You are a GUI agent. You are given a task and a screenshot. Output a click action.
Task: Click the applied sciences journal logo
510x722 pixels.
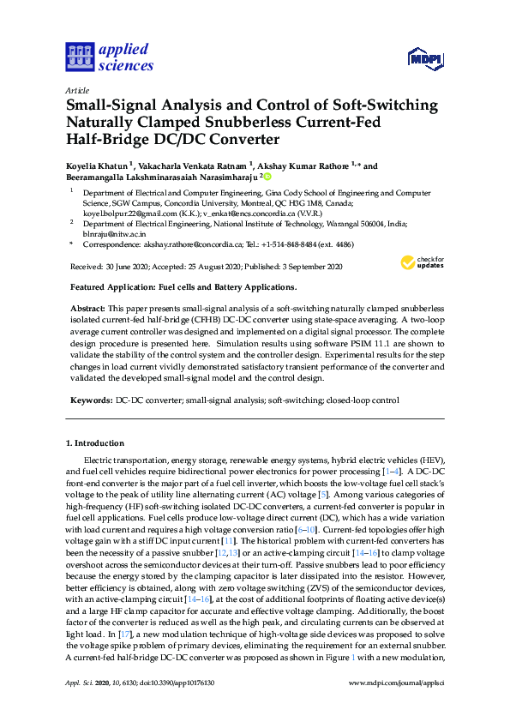pos(109,57)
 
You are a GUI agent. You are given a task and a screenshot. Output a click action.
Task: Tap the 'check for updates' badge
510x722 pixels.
pos(423,263)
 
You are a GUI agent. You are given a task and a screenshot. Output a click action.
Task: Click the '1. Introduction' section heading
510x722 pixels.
pos(96,443)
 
